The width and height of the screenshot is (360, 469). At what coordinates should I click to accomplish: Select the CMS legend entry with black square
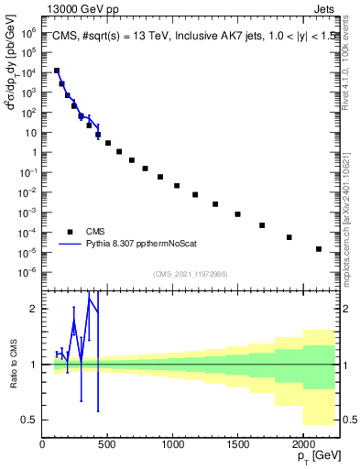coord(95,232)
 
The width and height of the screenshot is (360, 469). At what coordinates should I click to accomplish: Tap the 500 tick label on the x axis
coord(107,445)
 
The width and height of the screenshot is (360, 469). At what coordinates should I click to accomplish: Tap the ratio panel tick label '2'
coord(34,309)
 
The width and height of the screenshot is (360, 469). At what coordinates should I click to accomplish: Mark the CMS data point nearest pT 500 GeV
coord(108,143)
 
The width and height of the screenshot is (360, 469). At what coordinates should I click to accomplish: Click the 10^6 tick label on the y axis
coord(27,32)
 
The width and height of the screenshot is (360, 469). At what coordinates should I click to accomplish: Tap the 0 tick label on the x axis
coord(42,445)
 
